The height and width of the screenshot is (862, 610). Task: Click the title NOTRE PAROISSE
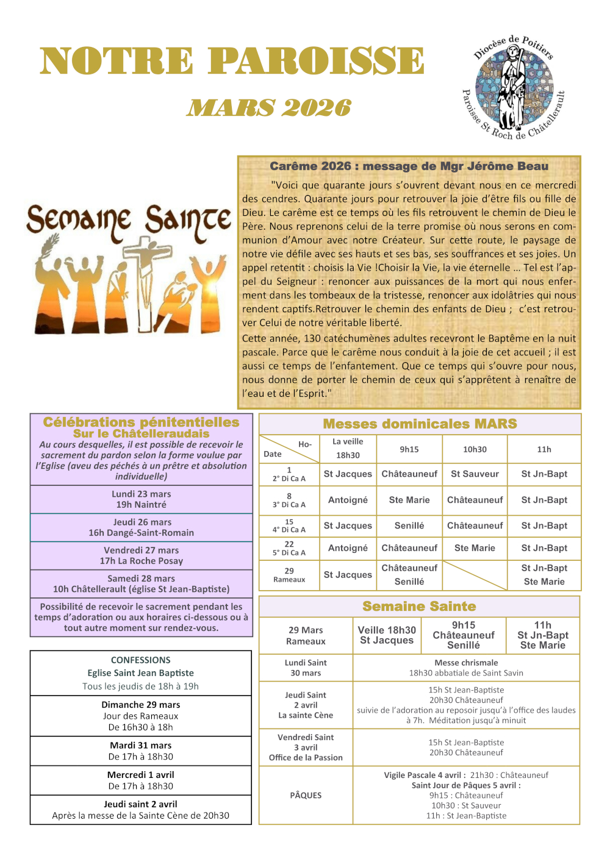pos(232,61)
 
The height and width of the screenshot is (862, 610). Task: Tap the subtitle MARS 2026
pos(269,108)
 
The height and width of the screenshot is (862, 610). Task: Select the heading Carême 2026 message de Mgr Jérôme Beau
pos(409,166)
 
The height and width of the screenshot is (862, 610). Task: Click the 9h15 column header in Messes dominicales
pos(409,449)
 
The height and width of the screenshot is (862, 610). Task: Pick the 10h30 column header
pos(475,449)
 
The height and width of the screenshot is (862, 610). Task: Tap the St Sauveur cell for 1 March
pos(475,474)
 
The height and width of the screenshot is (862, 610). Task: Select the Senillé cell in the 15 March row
pos(409,525)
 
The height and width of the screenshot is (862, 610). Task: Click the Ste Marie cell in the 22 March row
pos(475,548)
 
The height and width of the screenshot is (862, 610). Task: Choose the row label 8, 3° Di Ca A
pos(289,500)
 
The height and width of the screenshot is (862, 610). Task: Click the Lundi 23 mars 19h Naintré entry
pos(141,499)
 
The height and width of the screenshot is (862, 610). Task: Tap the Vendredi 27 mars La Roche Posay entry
pos(141,555)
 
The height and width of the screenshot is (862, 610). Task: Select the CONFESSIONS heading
pos(140,660)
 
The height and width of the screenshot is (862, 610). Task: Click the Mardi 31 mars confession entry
pos(140,750)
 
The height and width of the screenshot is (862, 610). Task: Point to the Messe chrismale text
pos(466,663)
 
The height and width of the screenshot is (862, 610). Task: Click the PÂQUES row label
pos(306,795)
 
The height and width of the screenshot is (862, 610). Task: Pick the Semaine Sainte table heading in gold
pos(419,606)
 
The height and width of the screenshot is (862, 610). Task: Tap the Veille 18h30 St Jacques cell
pos(387,635)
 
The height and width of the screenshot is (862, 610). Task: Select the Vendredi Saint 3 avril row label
pos(306,747)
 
